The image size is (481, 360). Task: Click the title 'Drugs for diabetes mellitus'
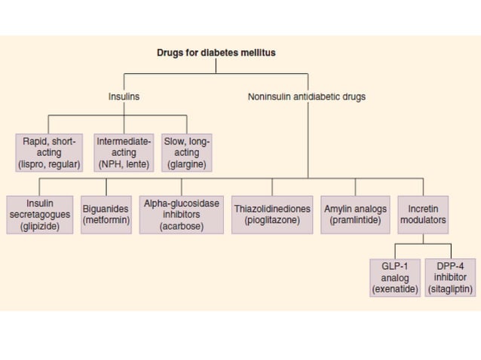click(x=216, y=53)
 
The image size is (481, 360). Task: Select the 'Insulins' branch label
click(x=124, y=96)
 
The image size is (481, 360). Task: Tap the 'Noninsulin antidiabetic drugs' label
click(x=306, y=96)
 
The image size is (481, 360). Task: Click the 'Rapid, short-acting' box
click(x=49, y=153)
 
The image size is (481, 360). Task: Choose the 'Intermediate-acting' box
click(x=124, y=153)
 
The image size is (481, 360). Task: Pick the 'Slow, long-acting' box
click(x=186, y=153)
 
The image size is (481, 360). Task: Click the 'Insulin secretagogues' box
click(x=39, y=215)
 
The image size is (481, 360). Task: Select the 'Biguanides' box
click(x=106, y=215)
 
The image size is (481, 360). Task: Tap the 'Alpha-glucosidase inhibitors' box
click(x=181, y=215)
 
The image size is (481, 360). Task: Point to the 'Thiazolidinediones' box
click(x=272, y=215)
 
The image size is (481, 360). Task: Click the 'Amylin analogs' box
click(x=354, y=215)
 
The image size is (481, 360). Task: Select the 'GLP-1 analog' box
click(x=395, y=278)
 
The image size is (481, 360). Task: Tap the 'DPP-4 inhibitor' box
click(x=450, y=278)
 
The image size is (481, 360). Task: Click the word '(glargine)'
click(x=186, y=164)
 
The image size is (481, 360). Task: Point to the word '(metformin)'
click(x=106, y=221)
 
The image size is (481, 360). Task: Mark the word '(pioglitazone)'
click(x=272, y=221)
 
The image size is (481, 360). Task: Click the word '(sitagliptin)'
click(x=450, y=289)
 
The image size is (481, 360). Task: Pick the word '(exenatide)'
click(x=395, y=289)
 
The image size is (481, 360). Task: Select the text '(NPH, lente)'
click(x=124, y=164)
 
